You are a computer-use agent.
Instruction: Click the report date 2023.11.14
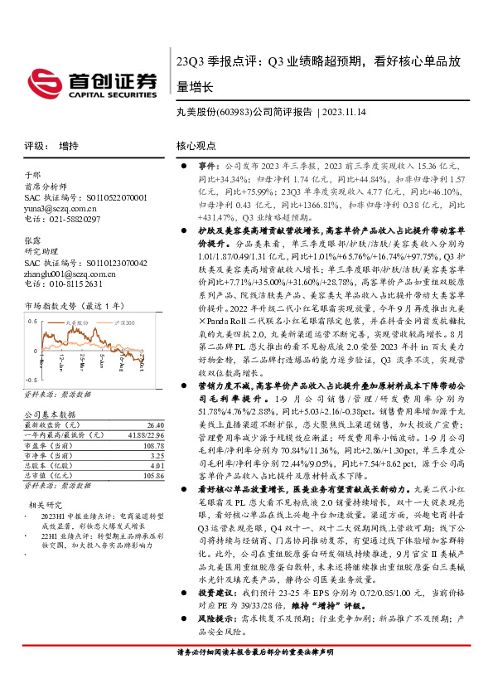pos(339,114)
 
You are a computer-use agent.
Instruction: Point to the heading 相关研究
pos(46,504)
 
